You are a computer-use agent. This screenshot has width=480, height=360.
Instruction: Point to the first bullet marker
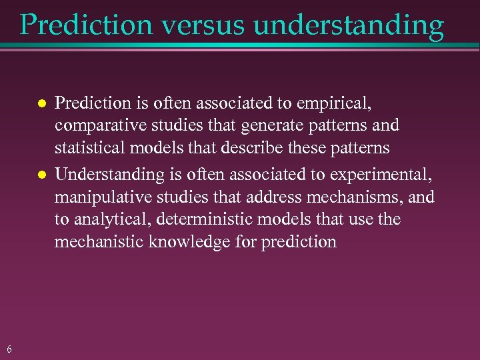pos(41,105)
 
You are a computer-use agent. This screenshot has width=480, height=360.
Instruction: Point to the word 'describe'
pos(254,147)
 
